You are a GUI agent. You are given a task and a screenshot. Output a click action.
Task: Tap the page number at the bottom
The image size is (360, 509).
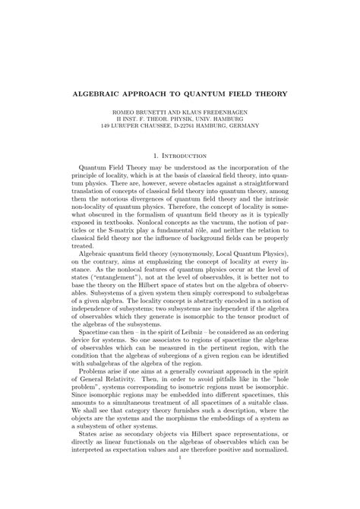click(180, 478)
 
